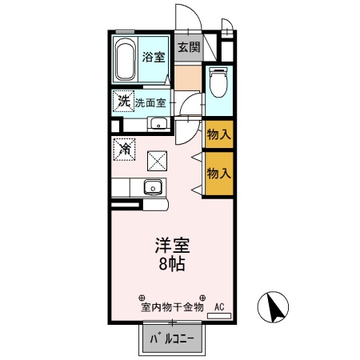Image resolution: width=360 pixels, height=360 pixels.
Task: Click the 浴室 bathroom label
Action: tap(154, 57)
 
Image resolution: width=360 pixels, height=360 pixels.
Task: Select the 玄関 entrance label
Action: tap(188, 47)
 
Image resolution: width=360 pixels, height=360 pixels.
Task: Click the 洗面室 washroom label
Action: tap(150, 102)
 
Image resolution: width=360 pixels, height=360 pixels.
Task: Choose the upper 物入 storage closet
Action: tap(218, 134)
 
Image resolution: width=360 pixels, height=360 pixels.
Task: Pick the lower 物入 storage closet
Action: tap(218, 173)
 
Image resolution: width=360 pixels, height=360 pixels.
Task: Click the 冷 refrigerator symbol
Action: tap(124, 148)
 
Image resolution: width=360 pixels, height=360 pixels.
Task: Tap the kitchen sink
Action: tap(152, 188)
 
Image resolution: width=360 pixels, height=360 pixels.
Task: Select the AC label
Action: tap(219, 306)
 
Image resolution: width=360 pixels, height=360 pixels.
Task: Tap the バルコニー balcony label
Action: tap(174, 339)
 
